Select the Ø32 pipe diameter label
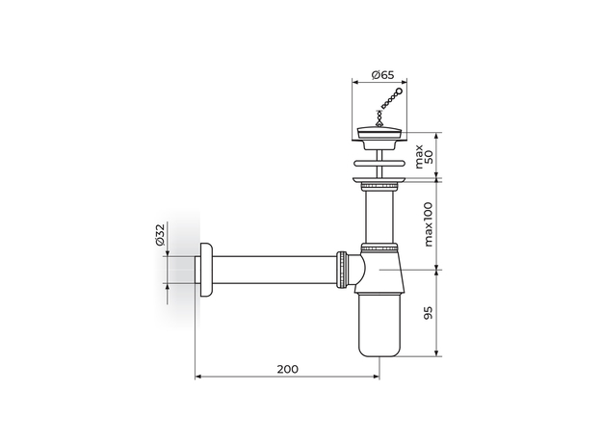point(160,236)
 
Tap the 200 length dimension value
point(287,368)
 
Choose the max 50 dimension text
point(425,154)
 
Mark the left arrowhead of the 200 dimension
point(199,377)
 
